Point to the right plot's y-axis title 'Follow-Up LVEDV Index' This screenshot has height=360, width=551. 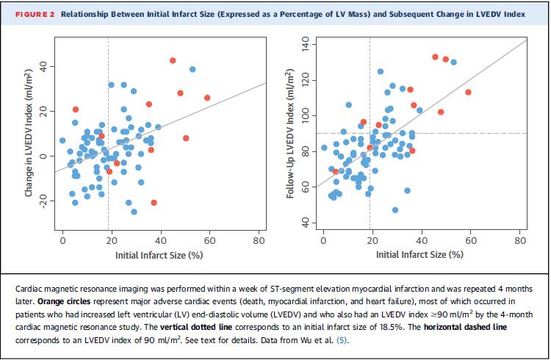coord(291,140)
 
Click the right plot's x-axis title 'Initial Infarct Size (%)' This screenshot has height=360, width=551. coord(419,254)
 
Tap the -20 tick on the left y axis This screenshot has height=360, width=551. coord(46,201)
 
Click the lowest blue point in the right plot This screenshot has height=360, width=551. coord(395,210)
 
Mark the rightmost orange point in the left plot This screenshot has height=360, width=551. coord(207,98)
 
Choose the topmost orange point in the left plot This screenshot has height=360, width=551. coord(173,60)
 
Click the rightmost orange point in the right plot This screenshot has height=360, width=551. coord(468,92)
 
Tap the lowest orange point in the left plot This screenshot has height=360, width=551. coord(154,203)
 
